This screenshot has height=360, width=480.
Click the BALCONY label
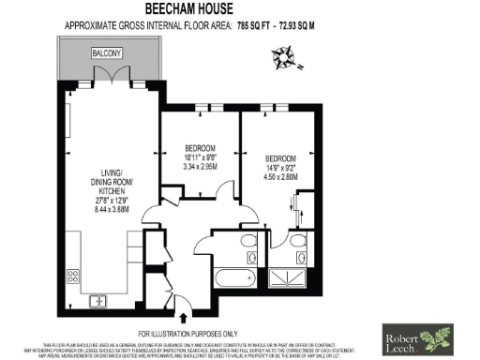point(105,54)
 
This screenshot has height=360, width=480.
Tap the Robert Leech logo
point(418,336)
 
